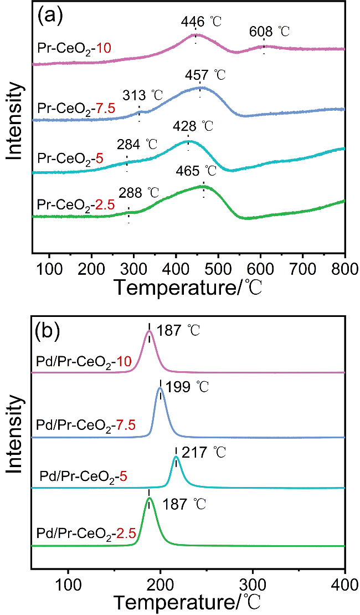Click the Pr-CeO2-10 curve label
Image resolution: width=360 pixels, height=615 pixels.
click(75, 48)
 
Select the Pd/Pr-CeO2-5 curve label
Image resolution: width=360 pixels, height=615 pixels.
click(84, 475)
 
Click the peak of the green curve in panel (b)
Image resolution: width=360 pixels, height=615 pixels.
click(148, 498)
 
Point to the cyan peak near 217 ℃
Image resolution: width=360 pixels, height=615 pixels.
click(176, 457)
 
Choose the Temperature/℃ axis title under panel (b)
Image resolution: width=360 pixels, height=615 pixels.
click(188, 602)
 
